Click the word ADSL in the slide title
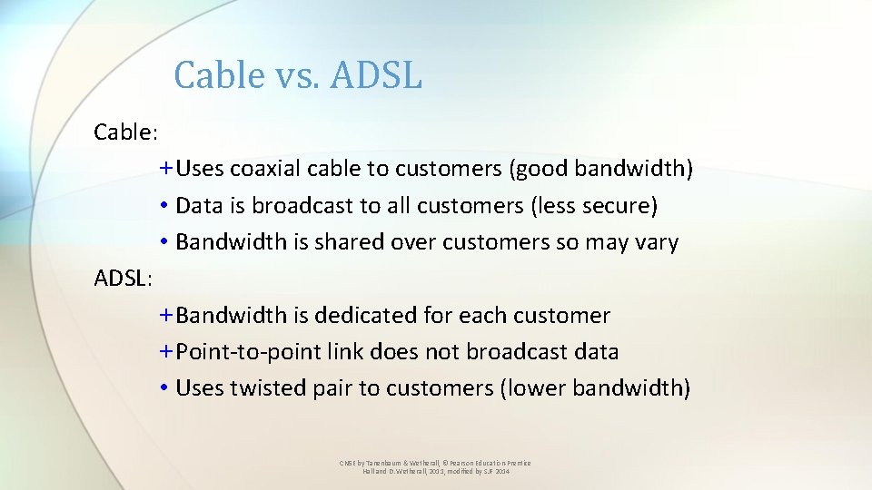click(376, 75)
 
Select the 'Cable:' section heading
click(126, 132)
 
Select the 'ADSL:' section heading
click(124, 279)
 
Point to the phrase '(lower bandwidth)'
click(595, 388)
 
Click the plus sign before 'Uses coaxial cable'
click(165, 170)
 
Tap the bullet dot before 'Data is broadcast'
click(163, 207)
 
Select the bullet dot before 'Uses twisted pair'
click(163, 388)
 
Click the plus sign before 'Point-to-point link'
click(165, 352)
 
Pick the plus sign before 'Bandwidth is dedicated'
click(165, 316)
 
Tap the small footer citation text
click(435, 467)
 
